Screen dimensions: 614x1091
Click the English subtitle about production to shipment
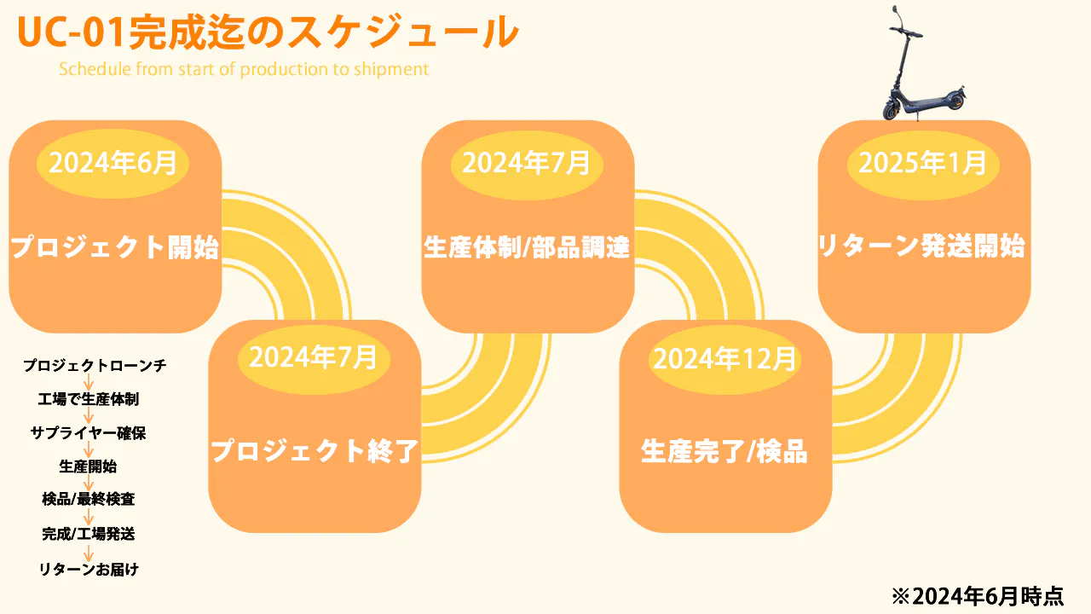(244, 69)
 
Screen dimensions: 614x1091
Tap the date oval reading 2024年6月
(112, 162)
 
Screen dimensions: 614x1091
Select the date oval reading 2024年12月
(724, 359)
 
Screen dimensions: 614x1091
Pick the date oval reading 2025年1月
(922, 162)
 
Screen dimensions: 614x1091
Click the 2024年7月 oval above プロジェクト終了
(314, 356)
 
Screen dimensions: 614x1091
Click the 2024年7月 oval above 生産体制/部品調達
(527, 162)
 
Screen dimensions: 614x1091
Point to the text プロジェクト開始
(115, 248)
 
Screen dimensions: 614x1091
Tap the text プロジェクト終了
(315, 450)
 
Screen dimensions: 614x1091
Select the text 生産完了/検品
(724, 451)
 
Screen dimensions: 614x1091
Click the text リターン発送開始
(921, 246)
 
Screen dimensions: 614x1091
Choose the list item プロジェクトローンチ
(95, 366)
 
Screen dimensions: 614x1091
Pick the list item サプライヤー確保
(89, 432)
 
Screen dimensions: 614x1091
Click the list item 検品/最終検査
(89, 500)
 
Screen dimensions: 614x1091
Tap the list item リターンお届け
(89, 569)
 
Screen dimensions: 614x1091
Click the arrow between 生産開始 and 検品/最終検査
(89, 484)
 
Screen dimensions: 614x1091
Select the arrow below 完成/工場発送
(89, 552)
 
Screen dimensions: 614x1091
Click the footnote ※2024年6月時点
(978, 595)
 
